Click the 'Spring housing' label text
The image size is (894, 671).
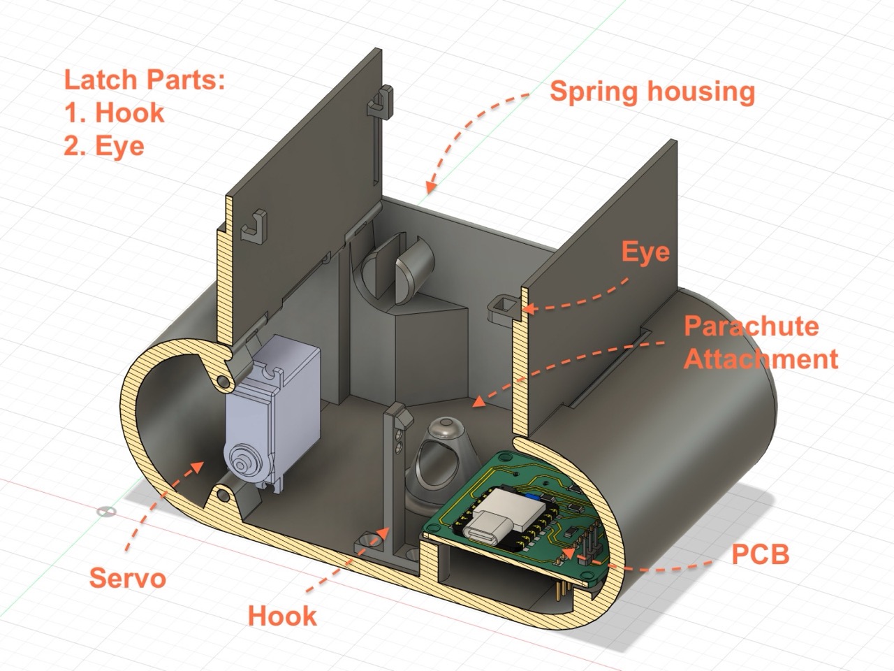point(652,92)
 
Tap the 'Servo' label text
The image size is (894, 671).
point(128,578)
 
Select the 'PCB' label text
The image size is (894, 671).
point(761,554)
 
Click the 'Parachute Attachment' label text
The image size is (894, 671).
point(761,342)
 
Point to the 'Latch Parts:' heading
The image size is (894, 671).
point(145,80)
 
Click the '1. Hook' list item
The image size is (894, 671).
point(115,113)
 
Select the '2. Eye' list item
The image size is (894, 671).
point(104,147)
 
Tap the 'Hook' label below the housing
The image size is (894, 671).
point(282,616)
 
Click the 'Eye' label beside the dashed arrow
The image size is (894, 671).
point(645,252)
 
